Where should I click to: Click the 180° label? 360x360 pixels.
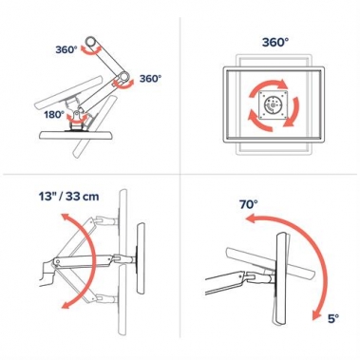[x=54, y=114]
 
